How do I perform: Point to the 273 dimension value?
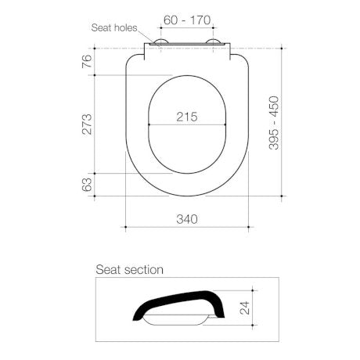coord(88,124)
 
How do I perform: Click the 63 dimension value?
coord(88,185)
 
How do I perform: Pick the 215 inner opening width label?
coord(186,117)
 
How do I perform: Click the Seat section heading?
coord(129,270)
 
